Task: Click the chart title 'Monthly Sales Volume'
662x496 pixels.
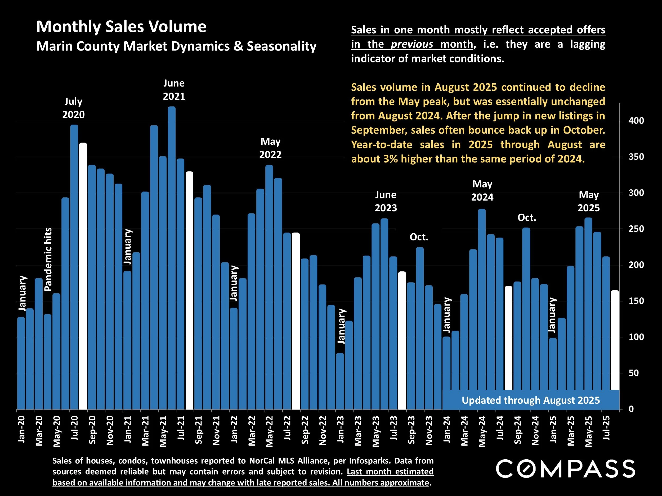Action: tap(121, 27)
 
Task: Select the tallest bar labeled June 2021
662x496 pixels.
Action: tap(172, 257)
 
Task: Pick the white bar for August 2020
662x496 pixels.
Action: tap(83, 275)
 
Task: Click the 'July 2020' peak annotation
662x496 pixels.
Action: tap(73, 108)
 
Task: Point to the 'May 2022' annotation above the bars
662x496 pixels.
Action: tap(270, 148)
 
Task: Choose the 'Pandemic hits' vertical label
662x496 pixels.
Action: tap(48, 259)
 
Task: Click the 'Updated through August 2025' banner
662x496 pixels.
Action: tap(531, 400)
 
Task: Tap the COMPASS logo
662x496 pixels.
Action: tap(565, 469)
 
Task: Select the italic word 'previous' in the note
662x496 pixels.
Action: tap(412, 44)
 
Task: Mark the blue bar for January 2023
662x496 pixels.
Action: tap(340, 381)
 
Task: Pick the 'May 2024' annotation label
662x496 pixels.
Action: tap(482, 191)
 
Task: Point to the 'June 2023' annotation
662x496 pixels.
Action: tap(386, 201)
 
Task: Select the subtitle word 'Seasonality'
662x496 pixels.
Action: tap(281, 46)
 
